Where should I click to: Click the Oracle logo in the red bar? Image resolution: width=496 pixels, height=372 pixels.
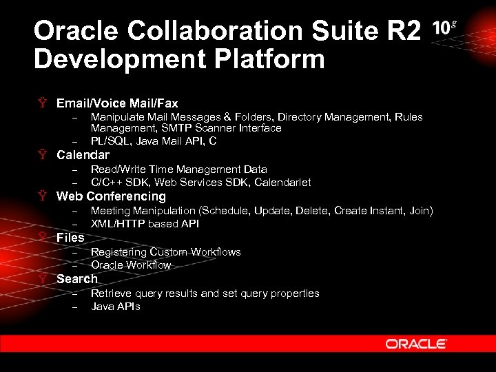click(x=416, y=344)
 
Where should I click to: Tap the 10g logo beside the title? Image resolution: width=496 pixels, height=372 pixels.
click(x=444, y=28)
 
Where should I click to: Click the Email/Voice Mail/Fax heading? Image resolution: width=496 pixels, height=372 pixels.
click(x=117, y=103)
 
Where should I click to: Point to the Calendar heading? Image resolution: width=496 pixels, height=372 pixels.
click(x=83, y=155)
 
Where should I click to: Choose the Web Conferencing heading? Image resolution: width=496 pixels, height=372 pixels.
click(x=111, y=196)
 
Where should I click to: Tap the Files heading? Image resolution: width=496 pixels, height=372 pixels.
click(x=70, y=238)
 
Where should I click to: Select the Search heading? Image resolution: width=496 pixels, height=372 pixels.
click(x=77, y=279)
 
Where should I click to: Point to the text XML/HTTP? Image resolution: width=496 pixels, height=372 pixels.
click(x=118, y=224)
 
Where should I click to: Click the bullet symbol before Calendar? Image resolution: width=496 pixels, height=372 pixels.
click(x=43, y=155)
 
